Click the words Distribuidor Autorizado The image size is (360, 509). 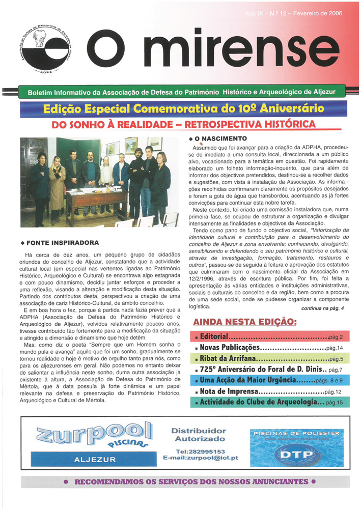point(200,435)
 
